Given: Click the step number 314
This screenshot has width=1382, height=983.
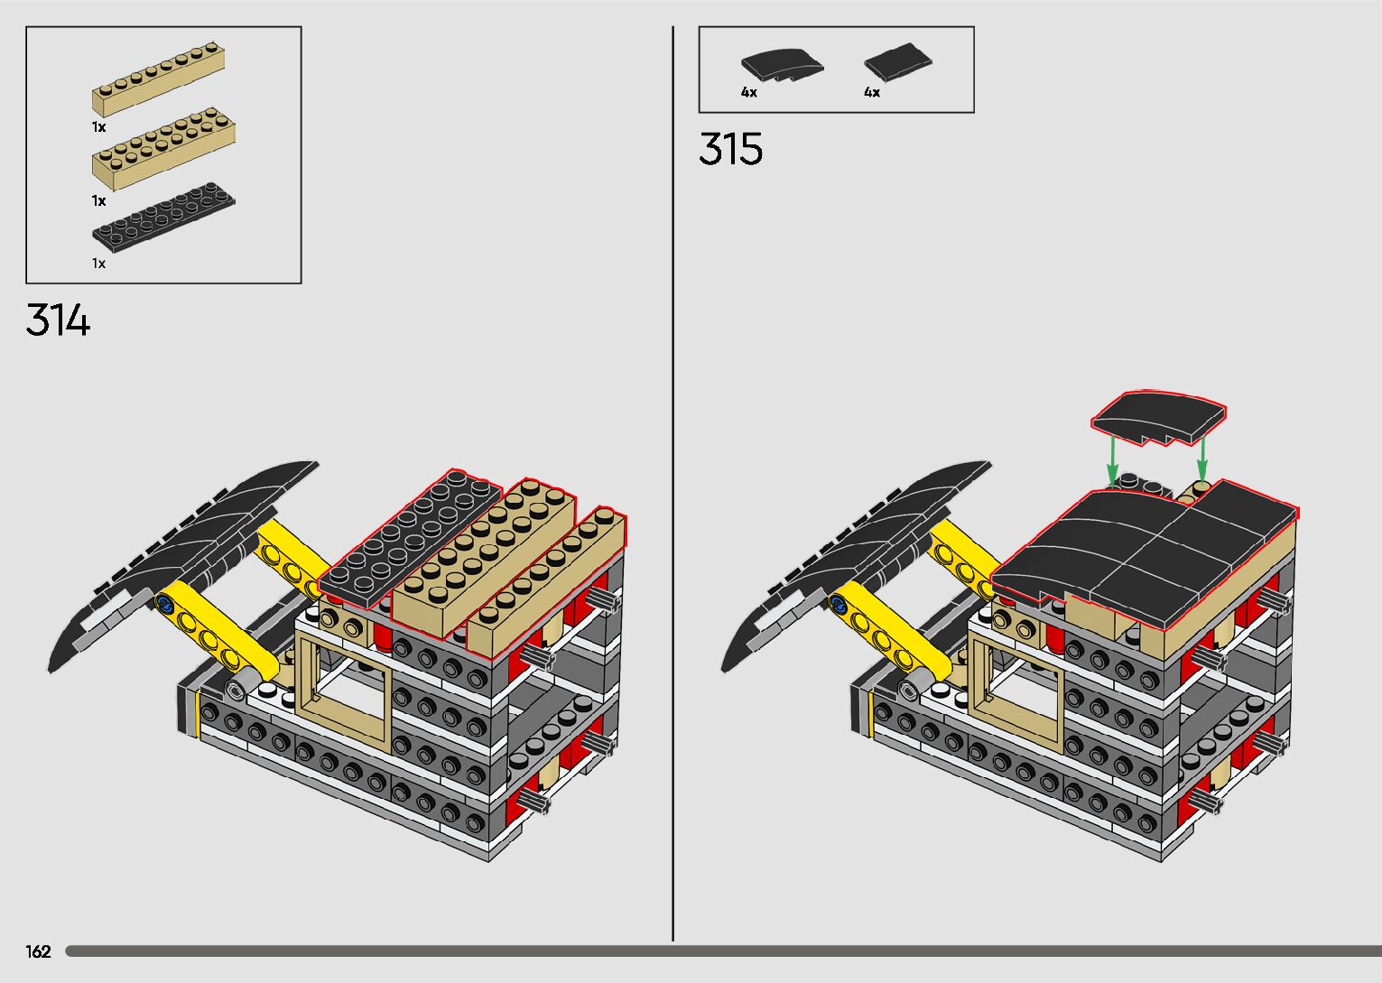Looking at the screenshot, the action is click(58, 320).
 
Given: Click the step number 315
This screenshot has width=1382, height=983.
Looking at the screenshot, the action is click(730, 149).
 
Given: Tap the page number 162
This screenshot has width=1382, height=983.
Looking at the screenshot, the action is click(39, 951).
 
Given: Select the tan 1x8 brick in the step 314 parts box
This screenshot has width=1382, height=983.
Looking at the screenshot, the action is click(158, 79).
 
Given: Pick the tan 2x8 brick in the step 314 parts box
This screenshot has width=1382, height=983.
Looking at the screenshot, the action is click(163, 148).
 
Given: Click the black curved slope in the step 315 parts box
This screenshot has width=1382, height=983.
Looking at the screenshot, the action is click(782, 66).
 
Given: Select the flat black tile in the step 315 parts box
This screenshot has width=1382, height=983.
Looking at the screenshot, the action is click(897, 61).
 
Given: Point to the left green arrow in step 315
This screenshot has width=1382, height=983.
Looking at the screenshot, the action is click(1113, 459).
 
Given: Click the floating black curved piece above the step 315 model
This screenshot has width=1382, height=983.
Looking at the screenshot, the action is click(1158, 418).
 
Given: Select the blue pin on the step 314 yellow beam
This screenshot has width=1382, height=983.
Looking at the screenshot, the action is click(165, 602).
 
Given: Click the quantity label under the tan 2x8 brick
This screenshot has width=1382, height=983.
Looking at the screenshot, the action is click(98, 200).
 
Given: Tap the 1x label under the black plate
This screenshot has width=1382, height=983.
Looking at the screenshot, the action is click(98, 264).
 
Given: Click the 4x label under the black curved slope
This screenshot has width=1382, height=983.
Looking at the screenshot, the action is click(749, 92).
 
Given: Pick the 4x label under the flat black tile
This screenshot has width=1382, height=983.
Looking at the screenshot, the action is click(872, 92).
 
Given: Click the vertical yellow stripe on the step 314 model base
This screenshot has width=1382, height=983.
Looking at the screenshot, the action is click(197, 713).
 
